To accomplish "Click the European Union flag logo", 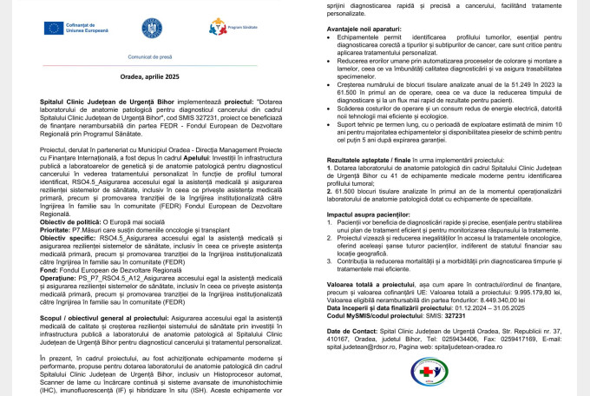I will [x=53, y=28].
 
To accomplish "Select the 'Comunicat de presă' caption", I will [x=142, y=55].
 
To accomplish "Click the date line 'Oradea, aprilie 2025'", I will [x=141, y=76].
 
